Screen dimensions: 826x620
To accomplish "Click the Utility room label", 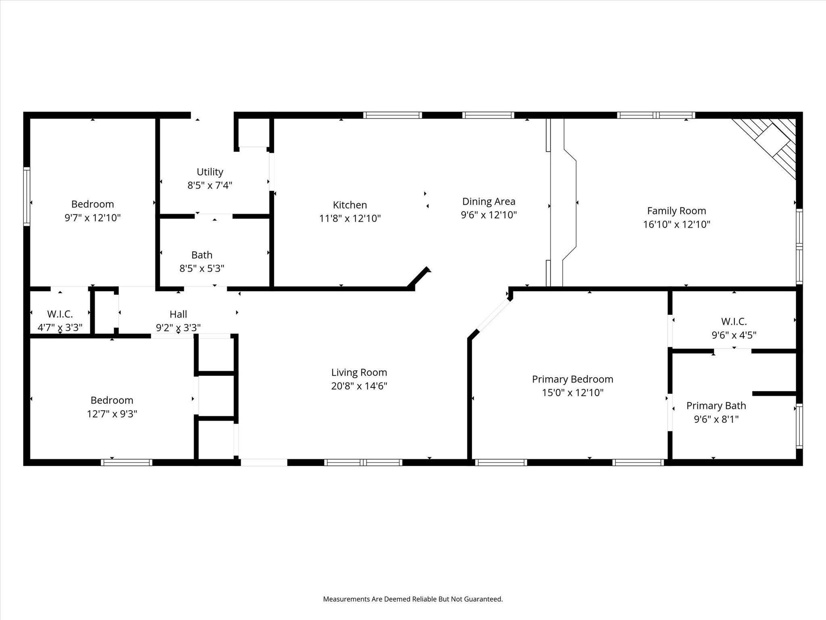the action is click(210, 172).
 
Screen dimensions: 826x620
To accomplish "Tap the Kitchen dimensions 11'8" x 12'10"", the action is click(350, 218).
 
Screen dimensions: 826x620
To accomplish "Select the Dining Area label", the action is click(489, 201).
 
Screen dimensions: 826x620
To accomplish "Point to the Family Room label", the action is click(676, 211).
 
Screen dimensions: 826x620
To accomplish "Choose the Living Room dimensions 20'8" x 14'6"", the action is click(359, 386).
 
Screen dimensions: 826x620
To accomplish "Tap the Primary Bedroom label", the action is click(573, 379).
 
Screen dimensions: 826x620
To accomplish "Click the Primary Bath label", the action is click(716, 406).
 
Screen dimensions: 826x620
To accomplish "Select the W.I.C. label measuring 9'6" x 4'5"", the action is click(734, 321).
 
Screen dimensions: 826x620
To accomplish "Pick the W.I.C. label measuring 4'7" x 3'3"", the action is click(60, 314).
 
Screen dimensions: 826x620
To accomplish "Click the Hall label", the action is click(178, 314).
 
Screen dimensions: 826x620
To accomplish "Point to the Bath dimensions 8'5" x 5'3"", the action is click(202, 268).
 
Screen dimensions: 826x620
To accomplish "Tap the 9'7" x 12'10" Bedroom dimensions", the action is click(93, 218).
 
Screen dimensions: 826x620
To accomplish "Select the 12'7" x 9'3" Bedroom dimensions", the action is click(112, 414).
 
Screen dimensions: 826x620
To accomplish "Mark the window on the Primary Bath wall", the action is click(799, 426).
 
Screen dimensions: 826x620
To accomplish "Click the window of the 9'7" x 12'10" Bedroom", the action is click(27, 196).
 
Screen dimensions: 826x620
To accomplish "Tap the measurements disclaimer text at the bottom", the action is click(413, 599).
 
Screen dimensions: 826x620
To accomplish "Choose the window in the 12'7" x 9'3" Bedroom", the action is click(126, 463).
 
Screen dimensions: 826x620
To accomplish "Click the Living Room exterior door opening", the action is click(264, 463).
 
